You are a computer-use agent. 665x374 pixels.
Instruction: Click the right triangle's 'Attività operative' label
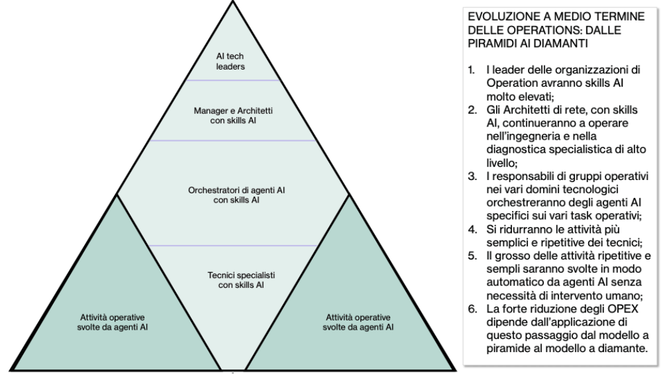pos(358,322)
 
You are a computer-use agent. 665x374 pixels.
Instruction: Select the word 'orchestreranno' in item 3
pos(521,204)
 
